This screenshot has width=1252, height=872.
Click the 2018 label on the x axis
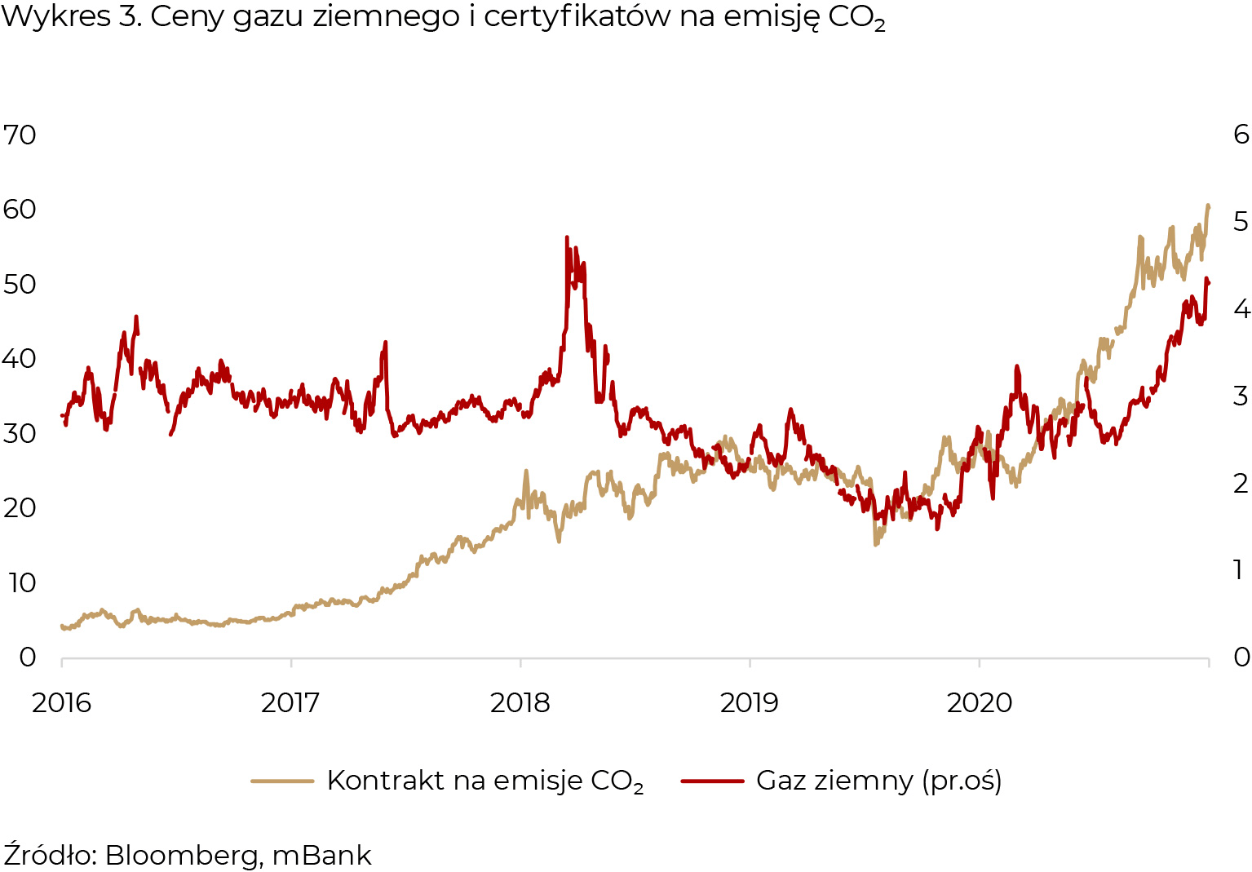coord(520,702)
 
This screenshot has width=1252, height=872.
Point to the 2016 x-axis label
coord(62,702)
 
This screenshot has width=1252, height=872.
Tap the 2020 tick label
coord(979,702)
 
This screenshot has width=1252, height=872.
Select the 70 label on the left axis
coord(20,135)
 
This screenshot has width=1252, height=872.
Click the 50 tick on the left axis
coord(20,284)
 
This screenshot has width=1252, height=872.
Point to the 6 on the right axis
coord(1241,134)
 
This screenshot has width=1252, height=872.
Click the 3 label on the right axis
coord(1241,396)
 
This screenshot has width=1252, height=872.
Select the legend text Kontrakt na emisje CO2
coord(485,781)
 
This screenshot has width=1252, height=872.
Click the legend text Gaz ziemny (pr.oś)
coord(878,781)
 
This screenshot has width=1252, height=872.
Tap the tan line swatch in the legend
coord(282,781)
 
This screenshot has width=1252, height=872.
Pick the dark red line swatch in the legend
coord(712,781)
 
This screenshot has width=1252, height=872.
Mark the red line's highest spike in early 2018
coord(566,237)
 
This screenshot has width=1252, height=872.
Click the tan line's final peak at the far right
coord(1208,206)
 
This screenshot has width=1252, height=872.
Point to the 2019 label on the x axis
coord(750,702)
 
